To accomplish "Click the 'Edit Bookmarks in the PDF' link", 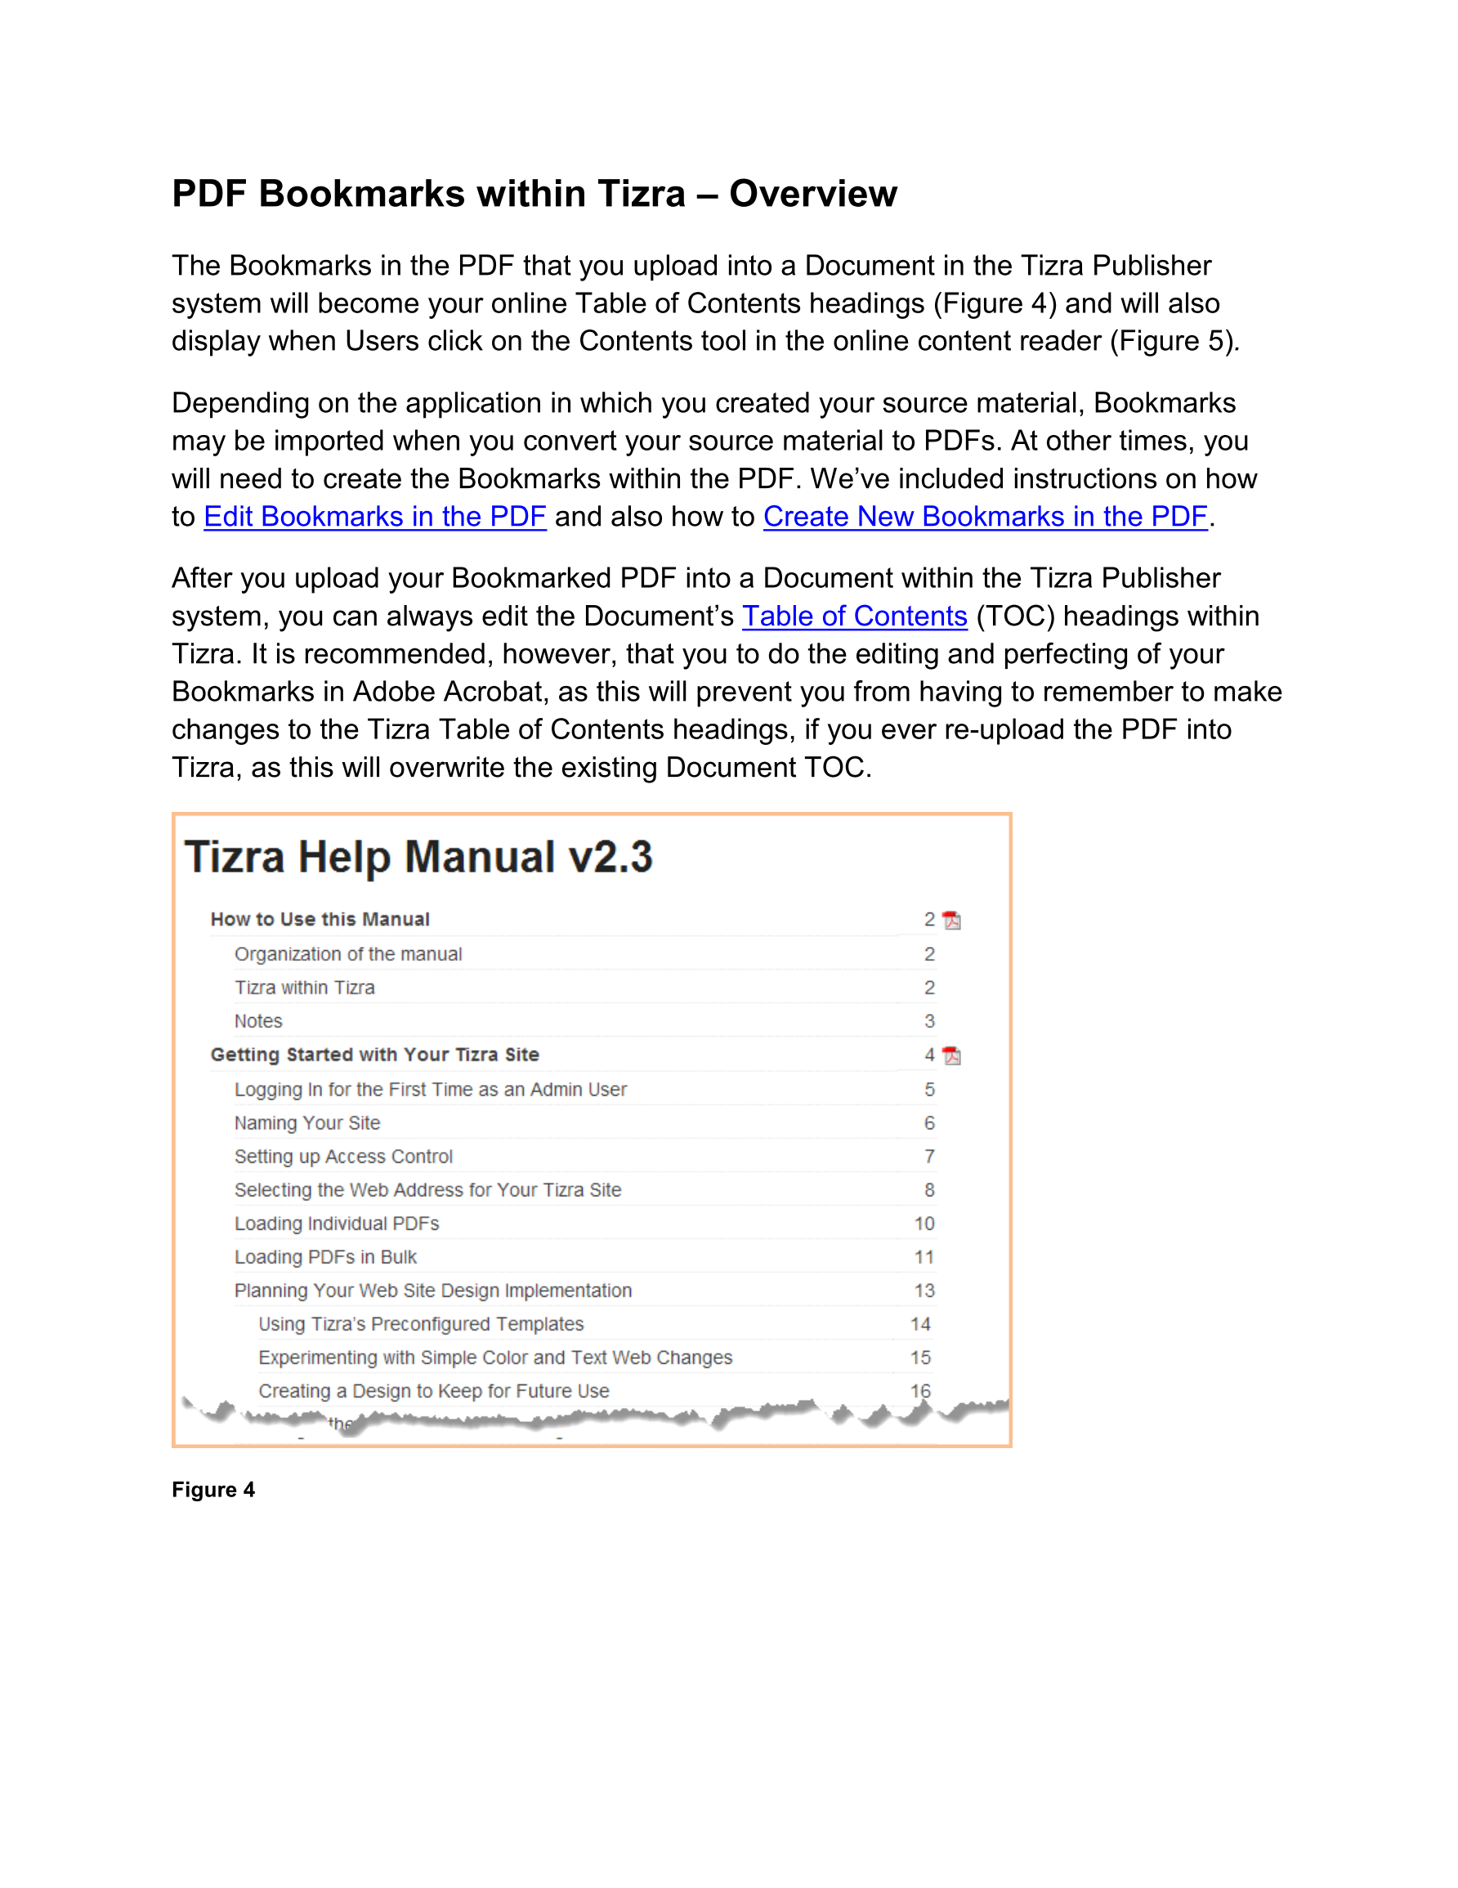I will (x=374, y=516).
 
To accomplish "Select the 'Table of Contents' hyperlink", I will (x=854, y=616).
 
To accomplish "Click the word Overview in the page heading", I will (x=812, y=194).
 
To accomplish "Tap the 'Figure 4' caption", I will (x=212, y=1490).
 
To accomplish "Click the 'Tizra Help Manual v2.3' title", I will (x=418, y=858).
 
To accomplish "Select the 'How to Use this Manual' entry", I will (x=320, y=919).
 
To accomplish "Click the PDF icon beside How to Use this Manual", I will (x=951, y=920).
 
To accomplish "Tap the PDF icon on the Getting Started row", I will (x=951, y=1056).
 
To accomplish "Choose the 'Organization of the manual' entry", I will (x=347, y=953).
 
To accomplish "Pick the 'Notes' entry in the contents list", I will (x=257, y=1021).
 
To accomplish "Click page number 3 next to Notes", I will (x=929, y=1021).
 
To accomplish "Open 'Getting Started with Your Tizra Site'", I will (x=374, y=1055).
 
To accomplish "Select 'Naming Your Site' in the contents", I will (x=306, y=1123).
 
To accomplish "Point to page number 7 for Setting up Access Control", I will (x=929, y=1157).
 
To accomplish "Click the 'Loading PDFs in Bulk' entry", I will (x=325, y=1257).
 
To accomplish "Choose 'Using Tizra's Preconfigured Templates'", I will (x=421, y=1325).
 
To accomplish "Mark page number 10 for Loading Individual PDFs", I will (x=924, y=1223).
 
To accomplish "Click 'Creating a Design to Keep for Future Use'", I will (x=433, y=1391).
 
